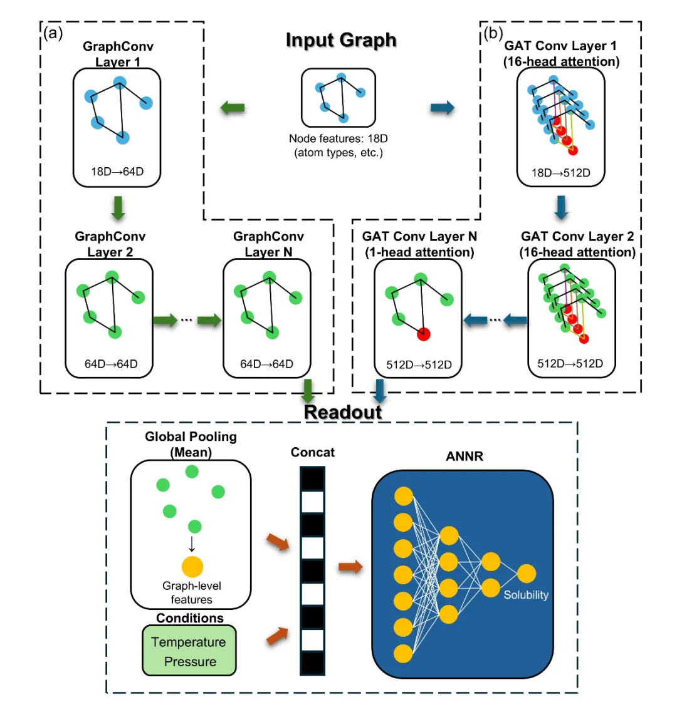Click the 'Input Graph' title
click(341, 40)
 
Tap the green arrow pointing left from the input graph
click(233, 108)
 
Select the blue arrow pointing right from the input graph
click(443, 108)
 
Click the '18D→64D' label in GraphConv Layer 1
click(117, 172)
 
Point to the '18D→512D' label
click(561, 173)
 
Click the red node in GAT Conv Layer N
click(424, 334)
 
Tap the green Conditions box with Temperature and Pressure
click(189, 651)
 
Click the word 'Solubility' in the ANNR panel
click(526, 595)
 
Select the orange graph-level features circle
click(192, 566)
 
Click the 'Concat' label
click(313, 452)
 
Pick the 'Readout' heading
click(343, 412)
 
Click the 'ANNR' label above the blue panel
click(464, 456)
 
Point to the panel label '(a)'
click(53, 33)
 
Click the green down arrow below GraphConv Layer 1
click(118, 209)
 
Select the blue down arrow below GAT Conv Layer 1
click(561, 208)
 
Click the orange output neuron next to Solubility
click(527, 574)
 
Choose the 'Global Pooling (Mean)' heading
click(191, 444)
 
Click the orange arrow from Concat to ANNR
click(350, 567)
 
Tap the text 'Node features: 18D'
click(338, 139)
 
